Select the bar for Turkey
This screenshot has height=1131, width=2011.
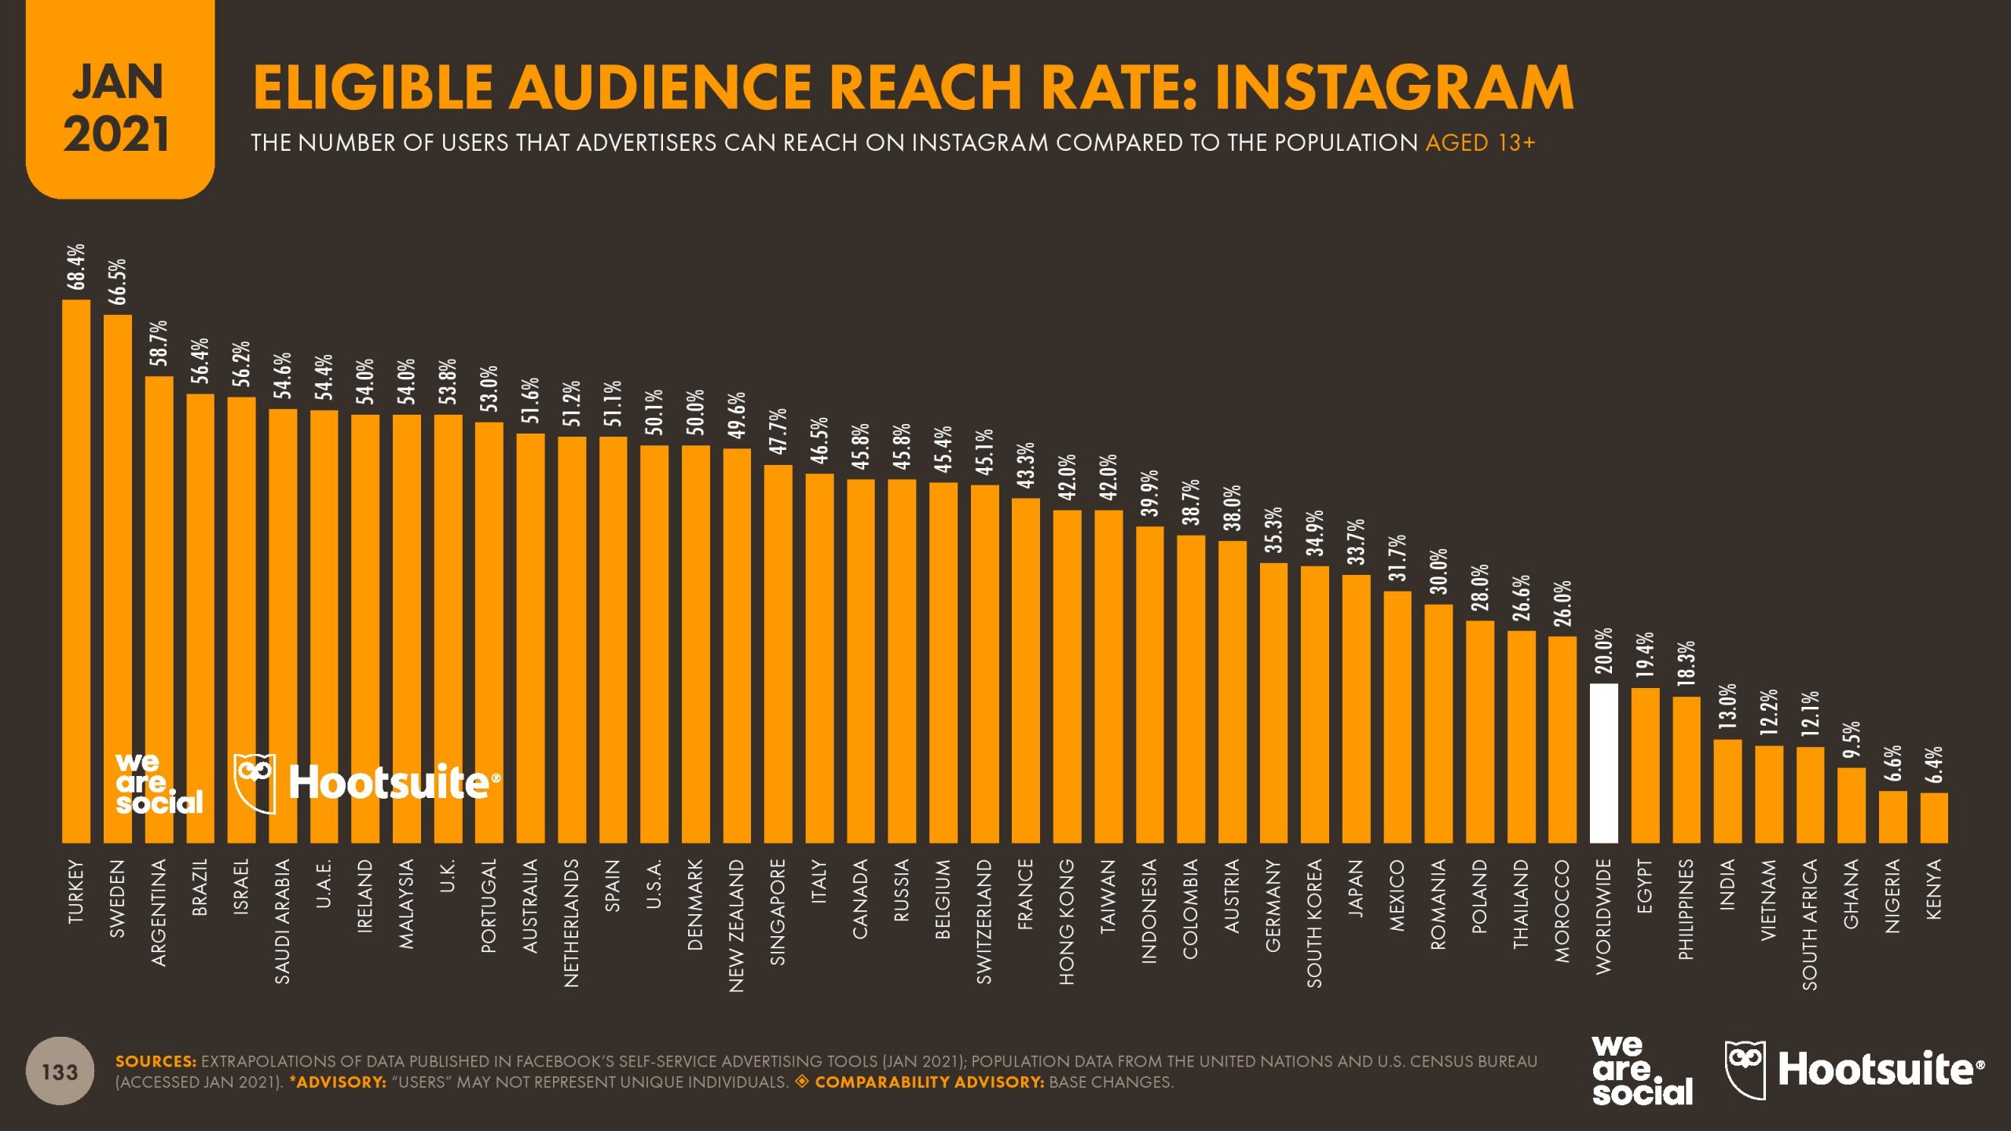coord(76,571)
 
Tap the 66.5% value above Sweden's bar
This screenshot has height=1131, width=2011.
coord(118,281)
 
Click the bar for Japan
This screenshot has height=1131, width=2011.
coord(1356,708)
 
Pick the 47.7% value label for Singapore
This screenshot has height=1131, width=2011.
coord(778,431)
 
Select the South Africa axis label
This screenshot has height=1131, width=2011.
coord(1810,924)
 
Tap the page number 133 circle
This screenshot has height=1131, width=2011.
coord(60,1072)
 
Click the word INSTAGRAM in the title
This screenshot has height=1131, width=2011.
coord(1394,88)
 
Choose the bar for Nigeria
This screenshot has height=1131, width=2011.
coord(1892,816)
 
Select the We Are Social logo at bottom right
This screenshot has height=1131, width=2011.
coord(1642,1071)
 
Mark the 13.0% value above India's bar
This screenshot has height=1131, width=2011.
coord(1727,707)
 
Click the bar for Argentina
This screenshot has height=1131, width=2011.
coord(159,609)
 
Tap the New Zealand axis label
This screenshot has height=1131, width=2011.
coord(736,925)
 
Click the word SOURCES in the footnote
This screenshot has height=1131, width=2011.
coord(156,1061)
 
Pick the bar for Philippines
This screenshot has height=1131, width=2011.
coord(1686,769)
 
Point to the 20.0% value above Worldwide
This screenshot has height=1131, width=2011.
coord(1603,650)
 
